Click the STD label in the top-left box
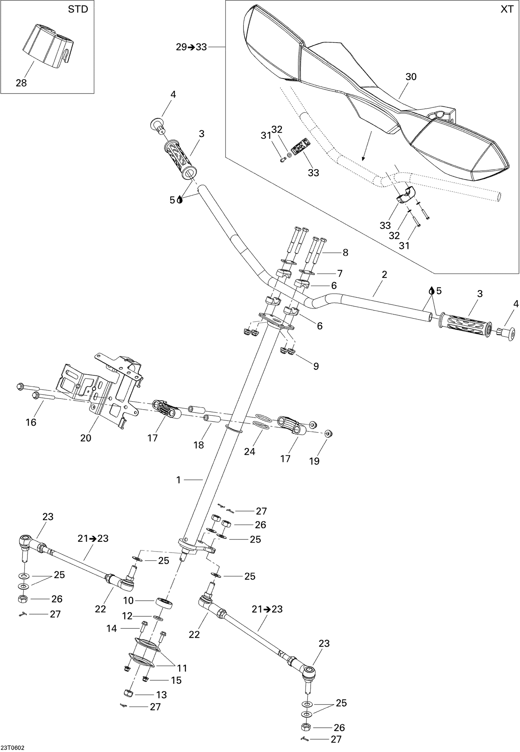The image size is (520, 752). click(78, 9)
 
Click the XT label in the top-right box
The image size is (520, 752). click(507, 9)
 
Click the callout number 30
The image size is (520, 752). click(411, 77)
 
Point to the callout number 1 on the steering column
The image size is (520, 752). click(179, 480)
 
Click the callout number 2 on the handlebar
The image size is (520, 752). click(384, 275)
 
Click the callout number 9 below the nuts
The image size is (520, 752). click(316, 366)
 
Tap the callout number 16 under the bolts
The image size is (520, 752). click(31, 422)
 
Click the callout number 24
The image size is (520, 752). click(250, 451)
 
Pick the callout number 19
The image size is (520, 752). click(314, 461)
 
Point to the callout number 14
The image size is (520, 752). click(112, 628)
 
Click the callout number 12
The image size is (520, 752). click(127, 616)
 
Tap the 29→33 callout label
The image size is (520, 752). click(191, 47)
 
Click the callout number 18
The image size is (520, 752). click(199, 445)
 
